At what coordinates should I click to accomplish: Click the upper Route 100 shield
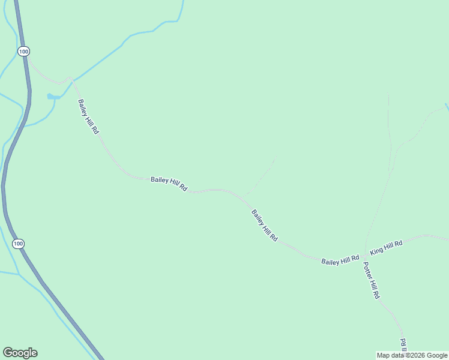[23, 52]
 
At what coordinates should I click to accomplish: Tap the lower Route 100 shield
[19, 244]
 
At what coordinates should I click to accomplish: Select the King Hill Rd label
[386, 245]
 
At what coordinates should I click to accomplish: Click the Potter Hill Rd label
[372, 281]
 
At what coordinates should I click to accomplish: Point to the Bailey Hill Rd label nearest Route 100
[87, 116]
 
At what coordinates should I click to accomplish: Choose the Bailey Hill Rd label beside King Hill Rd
[340, 260]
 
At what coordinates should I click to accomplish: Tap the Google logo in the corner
[20, 353]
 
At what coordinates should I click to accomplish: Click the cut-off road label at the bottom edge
[403, 346]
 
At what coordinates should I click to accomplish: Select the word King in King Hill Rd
[376, 250]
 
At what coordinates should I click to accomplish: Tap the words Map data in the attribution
[390, 355]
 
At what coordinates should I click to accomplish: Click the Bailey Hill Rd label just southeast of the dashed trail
[264, 225]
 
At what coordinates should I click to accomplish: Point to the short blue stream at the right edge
[447, 107]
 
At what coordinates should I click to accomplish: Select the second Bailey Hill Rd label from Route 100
[169, 184]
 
